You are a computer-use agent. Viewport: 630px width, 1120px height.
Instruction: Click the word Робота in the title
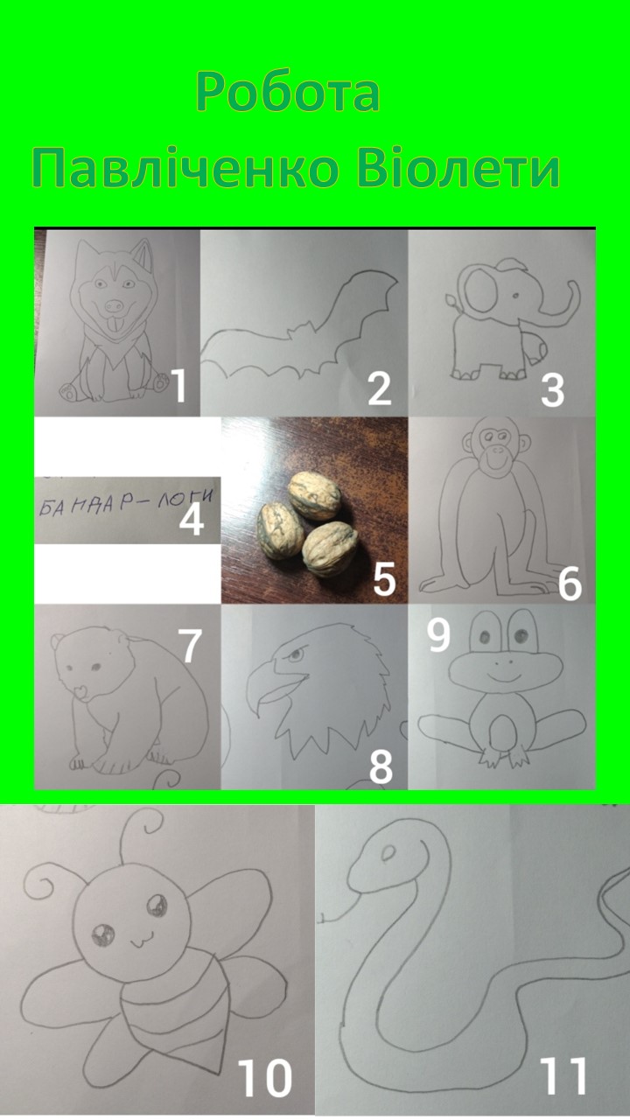pyautogui.click(x=288, y=92)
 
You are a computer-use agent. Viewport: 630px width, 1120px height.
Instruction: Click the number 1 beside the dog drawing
pyautogui.click(x=178, y=386)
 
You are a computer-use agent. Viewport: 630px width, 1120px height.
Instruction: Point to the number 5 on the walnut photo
pyautogui.click(x=384, y=578)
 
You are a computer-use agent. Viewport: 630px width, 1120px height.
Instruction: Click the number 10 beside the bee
pyautogui.click(x=264, y=1076)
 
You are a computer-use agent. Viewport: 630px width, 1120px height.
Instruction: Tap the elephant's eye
pyautogui.click(x=514, y=296)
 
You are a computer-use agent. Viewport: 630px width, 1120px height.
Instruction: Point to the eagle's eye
pyautogui.click(x=296, y=654)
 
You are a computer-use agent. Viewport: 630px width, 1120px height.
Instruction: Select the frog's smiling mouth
pyautogui.click(x=504, y=677)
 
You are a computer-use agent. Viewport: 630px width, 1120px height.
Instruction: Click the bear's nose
pyautogui.click(x=80, y=691)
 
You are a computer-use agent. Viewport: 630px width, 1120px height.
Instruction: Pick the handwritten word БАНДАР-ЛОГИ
pyautogui.click(x=126, y=501)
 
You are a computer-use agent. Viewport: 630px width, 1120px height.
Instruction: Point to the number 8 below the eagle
pyautogui.click(x=381, y=766)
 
